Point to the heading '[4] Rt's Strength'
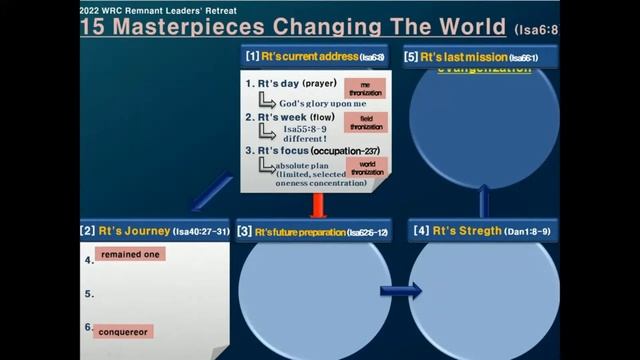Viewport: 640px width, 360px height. [x=481, y=231]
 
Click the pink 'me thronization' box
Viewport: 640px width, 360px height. [x=359, y=88]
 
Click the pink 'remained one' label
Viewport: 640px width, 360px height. [x=130, y=255]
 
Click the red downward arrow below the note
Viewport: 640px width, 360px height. [x=319, y=204]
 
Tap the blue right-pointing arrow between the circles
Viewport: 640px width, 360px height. [x=400, y=291]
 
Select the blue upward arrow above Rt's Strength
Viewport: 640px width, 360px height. [x=484, y=201]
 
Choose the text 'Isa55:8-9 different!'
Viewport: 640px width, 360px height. [x=306, y=134]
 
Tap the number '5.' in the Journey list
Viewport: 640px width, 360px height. [x=89, y=294]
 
